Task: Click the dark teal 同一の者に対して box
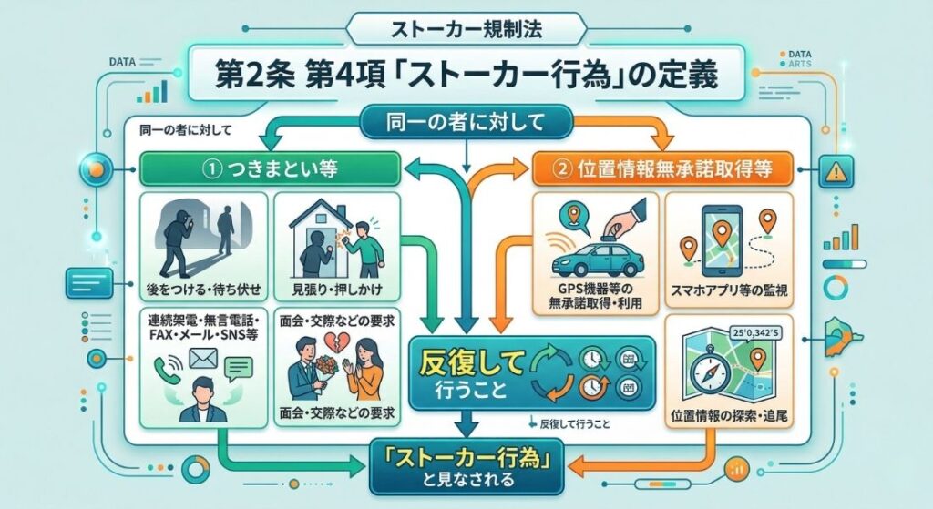pos(466,120)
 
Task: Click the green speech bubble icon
pos(239,369)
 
